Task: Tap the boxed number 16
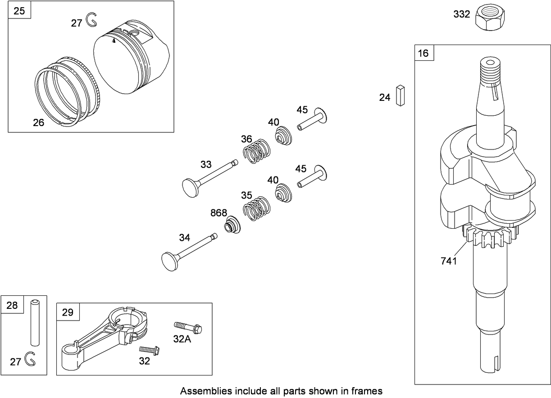(423, 53)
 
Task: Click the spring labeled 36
(256, 150)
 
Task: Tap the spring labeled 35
(257, 209)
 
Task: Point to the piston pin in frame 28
(35, 321)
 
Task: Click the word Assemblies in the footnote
(202, 390)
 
